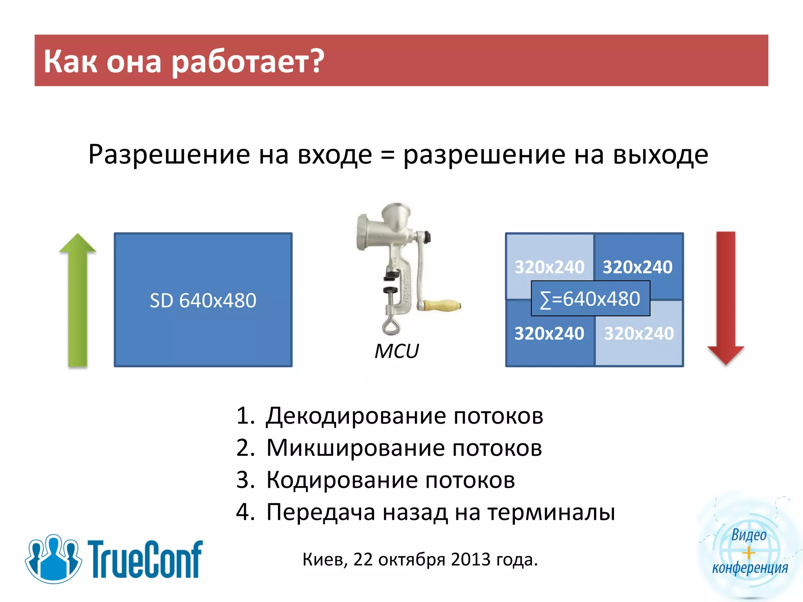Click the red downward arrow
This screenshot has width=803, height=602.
pos(726,298)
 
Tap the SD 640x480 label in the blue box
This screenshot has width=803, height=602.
pos(203,301)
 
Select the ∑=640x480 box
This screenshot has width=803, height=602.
pos(590,299)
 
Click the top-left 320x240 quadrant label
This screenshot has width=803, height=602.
pos(549,267)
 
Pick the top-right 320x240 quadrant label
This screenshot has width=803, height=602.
pos(638,267)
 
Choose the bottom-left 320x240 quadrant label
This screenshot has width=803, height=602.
pos(549,334)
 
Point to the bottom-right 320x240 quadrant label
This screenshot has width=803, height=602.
pos(639,334)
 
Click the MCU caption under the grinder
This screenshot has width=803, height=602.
pos(397,351)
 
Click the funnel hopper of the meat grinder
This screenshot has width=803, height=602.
pos(397,216)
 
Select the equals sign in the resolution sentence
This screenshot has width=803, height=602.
pos(387,155)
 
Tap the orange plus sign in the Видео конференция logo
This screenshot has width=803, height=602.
pos(749,553)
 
